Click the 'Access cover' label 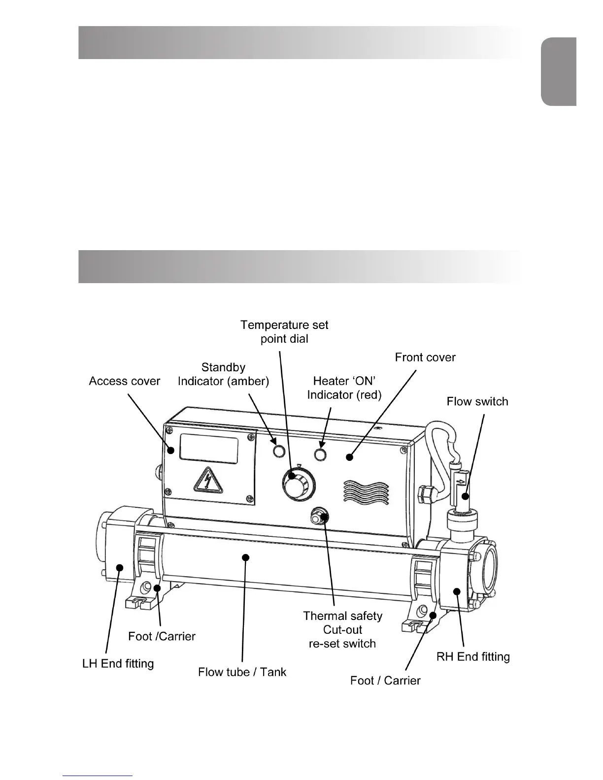[125, 381]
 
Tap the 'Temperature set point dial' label [284, 332]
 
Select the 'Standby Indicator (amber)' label [223, 374]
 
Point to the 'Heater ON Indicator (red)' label [344, 388]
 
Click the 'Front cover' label [425, 357]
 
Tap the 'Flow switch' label [477, 402]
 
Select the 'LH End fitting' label [118, 664]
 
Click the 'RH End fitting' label [473, 657]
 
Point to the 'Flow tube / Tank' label [242, 672]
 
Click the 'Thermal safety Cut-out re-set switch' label [342, 629]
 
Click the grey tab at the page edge [559, 71]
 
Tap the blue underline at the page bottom [98, 776]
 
